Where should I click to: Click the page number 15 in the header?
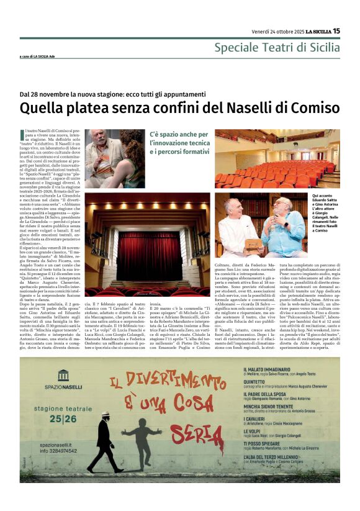336,30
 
